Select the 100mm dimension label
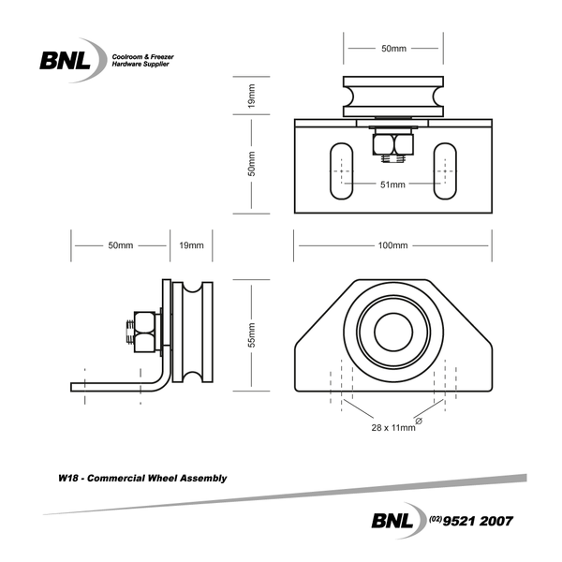(x=392, y=245)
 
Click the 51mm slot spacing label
(x=392, y=185)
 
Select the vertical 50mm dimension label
(x=251, y=165)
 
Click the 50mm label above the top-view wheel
(x=392, y=47)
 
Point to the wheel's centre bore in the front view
(x=392, y=333)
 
